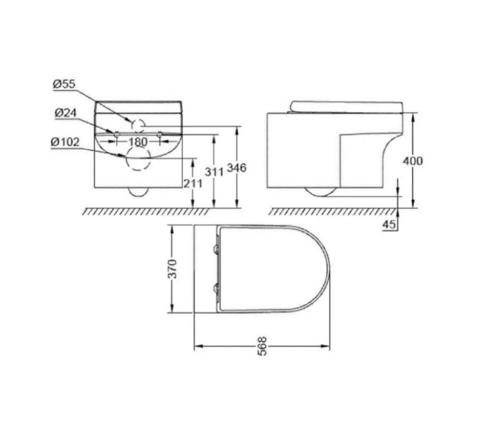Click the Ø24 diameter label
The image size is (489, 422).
[64, 113]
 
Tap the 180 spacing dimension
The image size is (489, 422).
[138, 142]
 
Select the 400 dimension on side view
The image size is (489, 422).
[413, 161]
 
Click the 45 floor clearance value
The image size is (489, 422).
[389, 224]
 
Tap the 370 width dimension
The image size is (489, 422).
[173, 268]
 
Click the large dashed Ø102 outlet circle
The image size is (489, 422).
[138, 158]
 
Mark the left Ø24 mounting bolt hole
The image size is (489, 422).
[116, 134]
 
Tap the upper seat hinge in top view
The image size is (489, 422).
[217, 249]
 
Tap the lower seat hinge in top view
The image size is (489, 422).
[217, 289]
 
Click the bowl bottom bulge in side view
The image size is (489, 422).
[321, 192]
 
